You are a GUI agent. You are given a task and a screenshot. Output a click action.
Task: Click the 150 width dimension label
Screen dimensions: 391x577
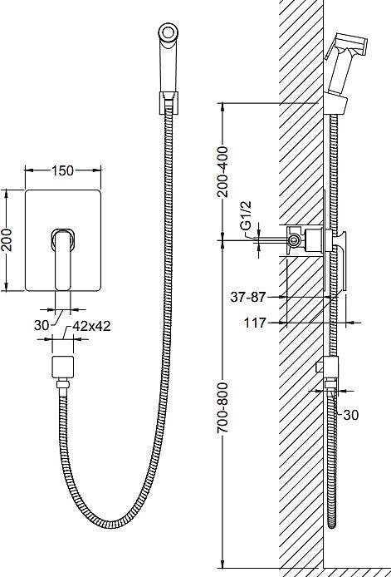(63, 170)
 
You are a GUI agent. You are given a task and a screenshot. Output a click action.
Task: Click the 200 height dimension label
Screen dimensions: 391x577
(7, 240)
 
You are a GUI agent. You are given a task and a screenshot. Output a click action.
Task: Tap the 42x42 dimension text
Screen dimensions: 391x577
(91, 326)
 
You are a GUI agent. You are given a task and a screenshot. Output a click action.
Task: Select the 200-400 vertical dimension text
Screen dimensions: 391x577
(222, 171)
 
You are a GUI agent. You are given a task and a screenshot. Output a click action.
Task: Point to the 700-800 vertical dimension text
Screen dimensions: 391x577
(222, 407)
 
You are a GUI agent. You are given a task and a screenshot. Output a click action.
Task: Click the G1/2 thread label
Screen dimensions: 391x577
(247, 215)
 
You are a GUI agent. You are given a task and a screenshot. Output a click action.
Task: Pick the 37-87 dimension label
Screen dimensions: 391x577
(247, 297)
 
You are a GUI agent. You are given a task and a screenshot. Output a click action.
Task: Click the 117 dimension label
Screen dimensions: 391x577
(255, 323)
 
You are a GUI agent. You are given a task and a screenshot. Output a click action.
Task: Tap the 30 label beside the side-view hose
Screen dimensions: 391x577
(350, 415)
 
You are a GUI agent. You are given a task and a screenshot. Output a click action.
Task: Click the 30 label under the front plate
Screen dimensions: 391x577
(42, 325)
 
